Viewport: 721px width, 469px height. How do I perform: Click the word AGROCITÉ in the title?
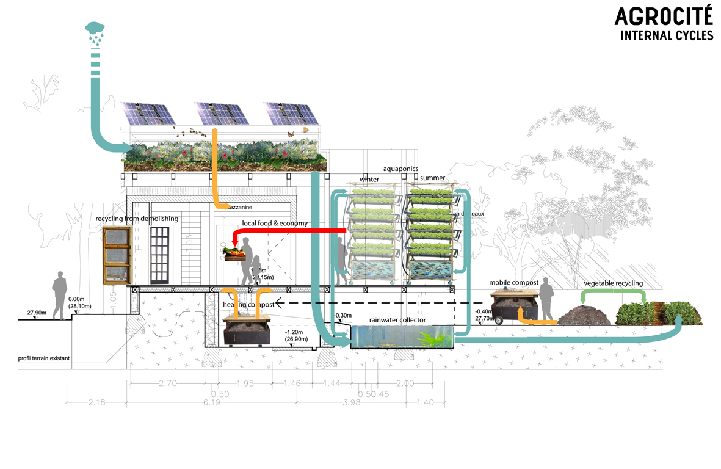click(663, 16)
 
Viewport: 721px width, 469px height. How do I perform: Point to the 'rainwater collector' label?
click(397, 320)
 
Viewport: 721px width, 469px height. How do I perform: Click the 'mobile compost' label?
click(513, 283)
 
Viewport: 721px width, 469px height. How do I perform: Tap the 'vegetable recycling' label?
click(613, 283)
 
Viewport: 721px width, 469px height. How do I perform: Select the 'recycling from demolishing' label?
click(137, 219)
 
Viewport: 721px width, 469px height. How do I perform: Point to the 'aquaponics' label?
click(400, 169)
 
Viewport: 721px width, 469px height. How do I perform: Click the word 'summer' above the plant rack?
click(433, 178)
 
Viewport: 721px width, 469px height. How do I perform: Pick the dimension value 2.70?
click(167, 384)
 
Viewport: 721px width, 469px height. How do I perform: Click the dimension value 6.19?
click(212, 403)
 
